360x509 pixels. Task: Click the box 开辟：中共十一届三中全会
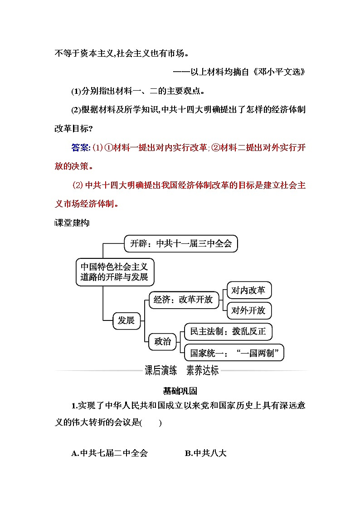tap(180, 243)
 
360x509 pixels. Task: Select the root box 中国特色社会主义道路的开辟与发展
tap(114, 271)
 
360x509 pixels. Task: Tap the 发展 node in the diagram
tap(126, 320)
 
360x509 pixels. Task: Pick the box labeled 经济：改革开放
tap(183, 300)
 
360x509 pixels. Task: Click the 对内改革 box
tap(248, 290)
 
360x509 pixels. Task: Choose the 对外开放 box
tap(248, 310)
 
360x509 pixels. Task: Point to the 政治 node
tap(162, 341)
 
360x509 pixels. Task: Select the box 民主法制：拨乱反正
tap(228, 332)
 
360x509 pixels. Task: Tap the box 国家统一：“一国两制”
tap(234, 352)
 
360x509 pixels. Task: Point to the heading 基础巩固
tap(180, 390)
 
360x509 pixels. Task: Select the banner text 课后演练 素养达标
tap(181, 370)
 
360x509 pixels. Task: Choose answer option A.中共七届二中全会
tap(110, 453)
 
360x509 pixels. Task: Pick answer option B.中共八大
tap(205, 453)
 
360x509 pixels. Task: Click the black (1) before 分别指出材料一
tap(76, 91)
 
